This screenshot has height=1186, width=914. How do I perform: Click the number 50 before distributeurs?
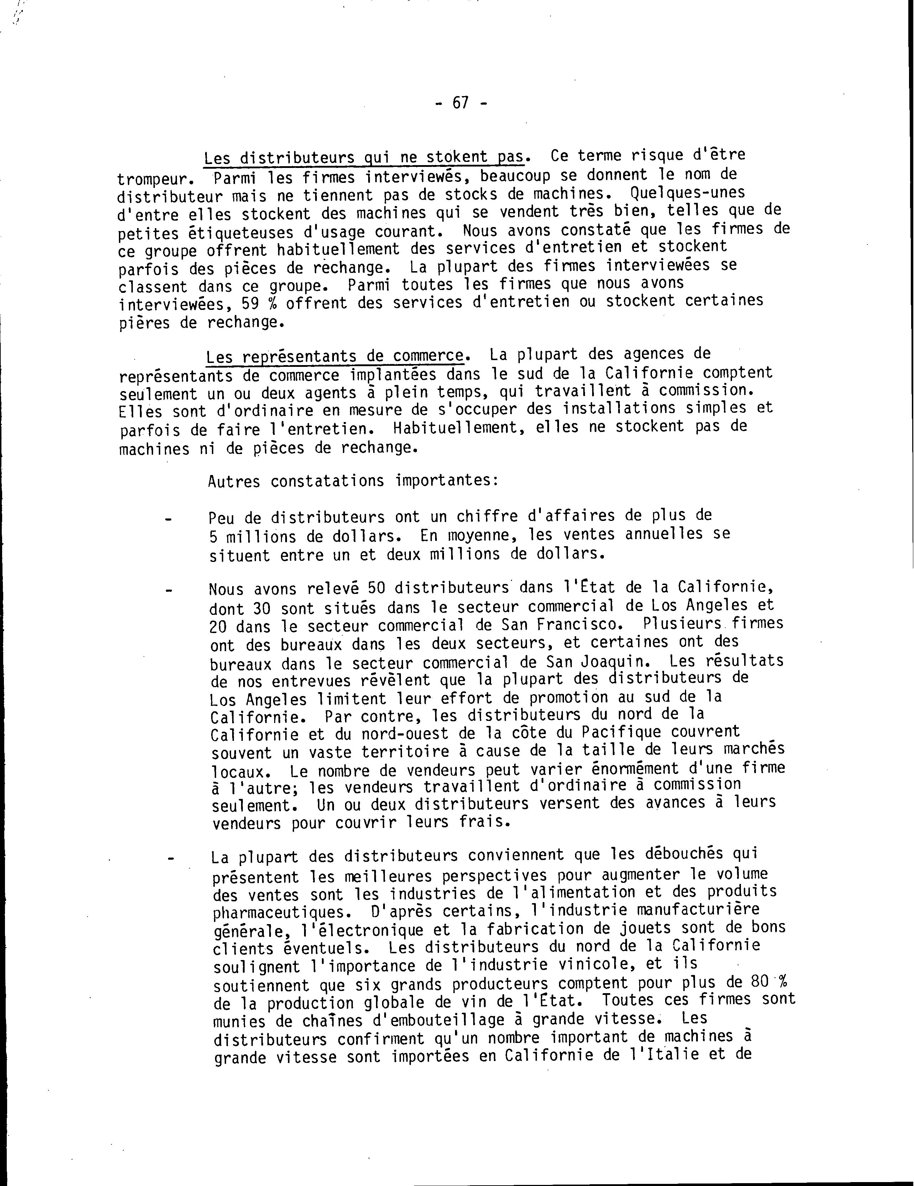tap(376, 588)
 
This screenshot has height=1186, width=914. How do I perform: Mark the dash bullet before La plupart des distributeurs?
tap(171, 859)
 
